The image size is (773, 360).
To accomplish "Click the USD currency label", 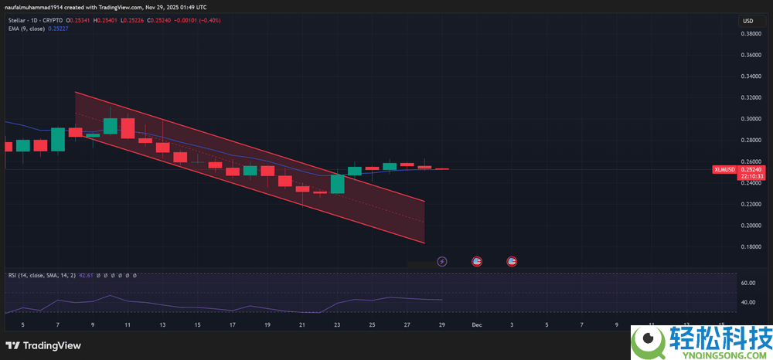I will pyautogui.click(x=747, y=20).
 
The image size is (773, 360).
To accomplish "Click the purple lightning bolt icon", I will pyautogui.click(x=442, y=262).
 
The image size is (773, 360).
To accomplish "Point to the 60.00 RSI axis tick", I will pyautogui.click(x=747, y=283).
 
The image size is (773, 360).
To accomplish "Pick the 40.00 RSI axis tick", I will pyautogui.click(x=747, y=302).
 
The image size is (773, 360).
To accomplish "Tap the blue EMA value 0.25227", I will pyautogui.click(x=58, y=29).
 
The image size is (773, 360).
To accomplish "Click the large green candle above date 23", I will pyautogui.click(x=337, y=184).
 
